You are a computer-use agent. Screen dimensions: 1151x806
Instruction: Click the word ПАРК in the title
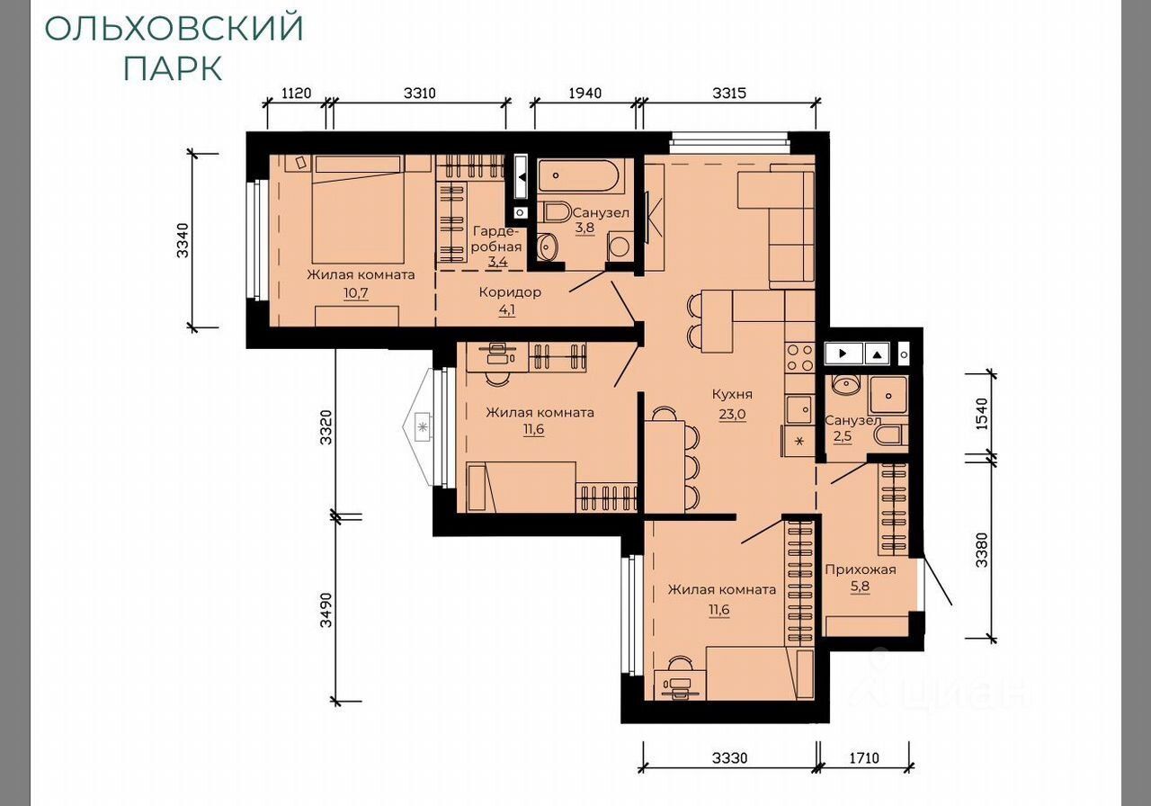pos(174,68)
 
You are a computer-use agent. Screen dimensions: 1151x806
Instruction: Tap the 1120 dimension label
pos(297,93)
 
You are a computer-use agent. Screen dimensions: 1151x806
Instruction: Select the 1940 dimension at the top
pos(585,93)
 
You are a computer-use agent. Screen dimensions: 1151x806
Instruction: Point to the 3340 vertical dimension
pos(183,240)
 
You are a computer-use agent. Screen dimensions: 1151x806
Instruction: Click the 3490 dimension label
pos(326,610)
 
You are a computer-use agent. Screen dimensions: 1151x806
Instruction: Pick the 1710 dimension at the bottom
pos(864,758)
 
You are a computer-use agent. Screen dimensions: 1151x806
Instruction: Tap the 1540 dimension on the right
pos(981,414)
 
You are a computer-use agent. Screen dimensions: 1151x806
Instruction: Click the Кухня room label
pos(732,394)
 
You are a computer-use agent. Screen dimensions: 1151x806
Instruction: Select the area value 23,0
pos(732,414)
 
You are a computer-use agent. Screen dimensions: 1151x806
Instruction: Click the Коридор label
pos(510,292)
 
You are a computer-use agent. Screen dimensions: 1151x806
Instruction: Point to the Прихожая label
pos(861,569)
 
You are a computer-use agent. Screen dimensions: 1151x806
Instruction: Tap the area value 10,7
pos(356,293)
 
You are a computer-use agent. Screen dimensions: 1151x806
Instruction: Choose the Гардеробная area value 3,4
pos(497,262)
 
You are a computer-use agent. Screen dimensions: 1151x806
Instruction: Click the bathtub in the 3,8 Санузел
pos(581,176)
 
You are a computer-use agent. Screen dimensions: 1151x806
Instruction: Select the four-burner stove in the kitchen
pos(800,357)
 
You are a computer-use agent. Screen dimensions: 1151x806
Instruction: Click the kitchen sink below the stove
pos(799,409)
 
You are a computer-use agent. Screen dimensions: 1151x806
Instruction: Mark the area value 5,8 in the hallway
pos(861,587)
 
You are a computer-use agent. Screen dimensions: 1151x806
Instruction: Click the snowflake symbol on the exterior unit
pos(423,426)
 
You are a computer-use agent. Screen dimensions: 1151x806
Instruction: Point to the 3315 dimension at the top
pos(729,93)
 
